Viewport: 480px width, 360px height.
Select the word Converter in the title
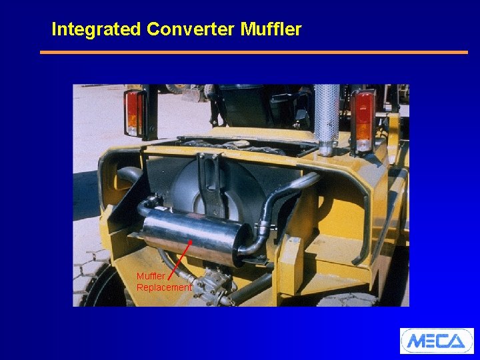(191, 29)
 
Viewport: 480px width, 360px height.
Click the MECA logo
(436, 341)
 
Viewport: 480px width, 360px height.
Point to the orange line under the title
(253, 52)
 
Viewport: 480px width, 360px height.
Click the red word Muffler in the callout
(151, 276)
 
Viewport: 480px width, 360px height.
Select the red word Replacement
(164, 287)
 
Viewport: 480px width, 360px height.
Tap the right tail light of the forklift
(364, 120)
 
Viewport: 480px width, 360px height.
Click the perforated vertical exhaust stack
(327, 117)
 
